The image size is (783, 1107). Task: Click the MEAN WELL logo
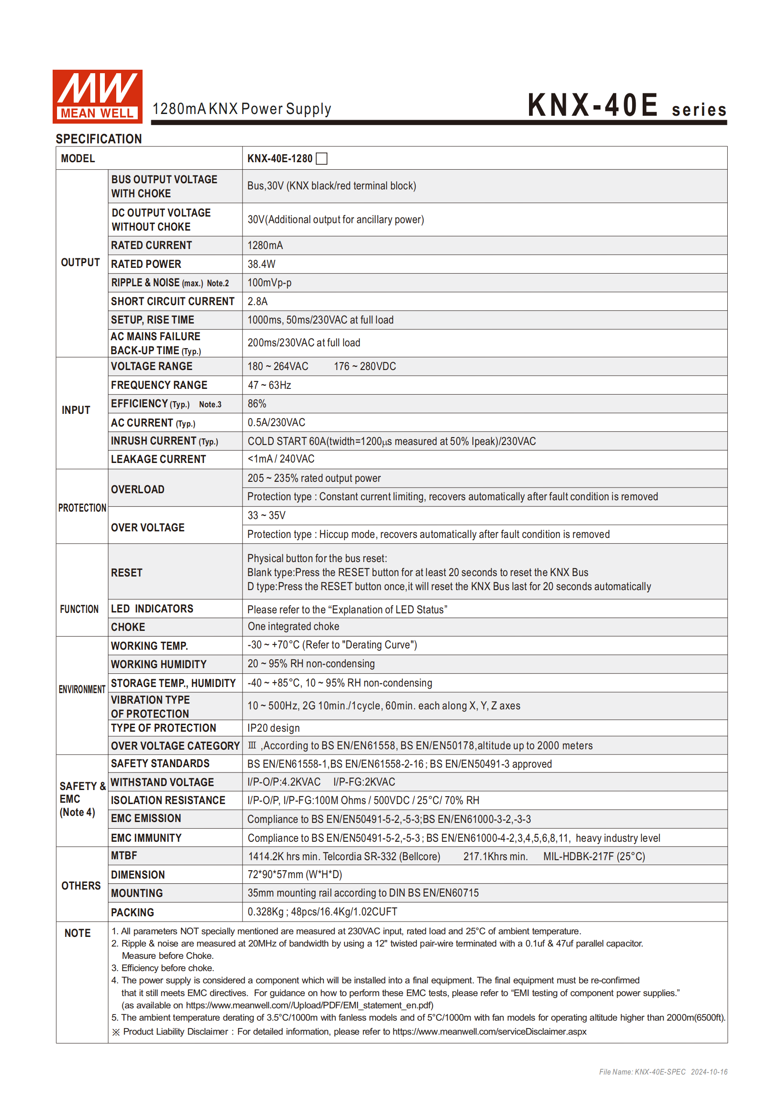(97, 96)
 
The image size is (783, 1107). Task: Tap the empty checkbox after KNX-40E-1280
(322, 159)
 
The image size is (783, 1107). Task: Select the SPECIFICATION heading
(99, 139)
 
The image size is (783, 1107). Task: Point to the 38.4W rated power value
(261, 264)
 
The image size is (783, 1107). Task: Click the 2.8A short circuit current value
(257, 301)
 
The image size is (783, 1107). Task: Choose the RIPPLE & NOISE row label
(170, 283)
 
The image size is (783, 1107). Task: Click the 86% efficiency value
(257, 403)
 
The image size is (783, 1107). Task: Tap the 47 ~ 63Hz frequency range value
(269, 385)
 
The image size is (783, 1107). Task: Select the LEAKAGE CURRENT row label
(158, 459)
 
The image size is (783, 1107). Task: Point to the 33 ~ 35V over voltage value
(266, 516)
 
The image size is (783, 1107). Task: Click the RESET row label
(127, 573)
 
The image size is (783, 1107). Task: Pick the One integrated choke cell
(293, 626)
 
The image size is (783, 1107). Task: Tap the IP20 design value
(274, 728)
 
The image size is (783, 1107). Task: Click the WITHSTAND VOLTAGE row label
(162, 782)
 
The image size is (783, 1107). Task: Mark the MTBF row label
(124, 856)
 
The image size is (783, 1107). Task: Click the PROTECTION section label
(82, 508)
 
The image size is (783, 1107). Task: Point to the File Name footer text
(663, 1072)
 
